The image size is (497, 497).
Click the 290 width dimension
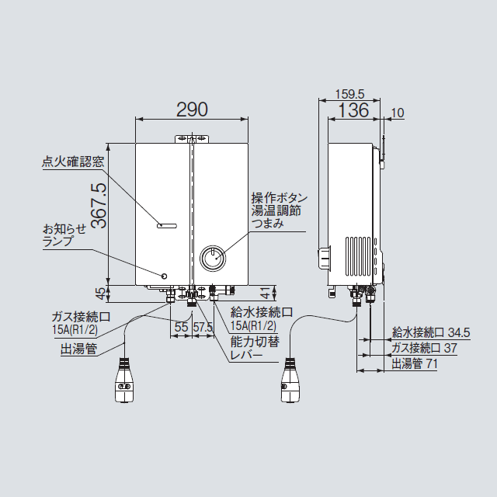pos(192,109)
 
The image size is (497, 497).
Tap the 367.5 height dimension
pos(98,206)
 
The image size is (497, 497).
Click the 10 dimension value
pos(398,113)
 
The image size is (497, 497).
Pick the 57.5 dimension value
pos(203,328)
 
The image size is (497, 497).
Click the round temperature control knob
pos(212,257)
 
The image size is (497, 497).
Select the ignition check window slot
pos(166,225)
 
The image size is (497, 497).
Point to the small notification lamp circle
pos(164,276)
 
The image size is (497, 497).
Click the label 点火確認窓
pos(73,163)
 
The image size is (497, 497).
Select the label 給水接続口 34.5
pos(431,332)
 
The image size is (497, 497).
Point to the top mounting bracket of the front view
pos(191,140)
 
